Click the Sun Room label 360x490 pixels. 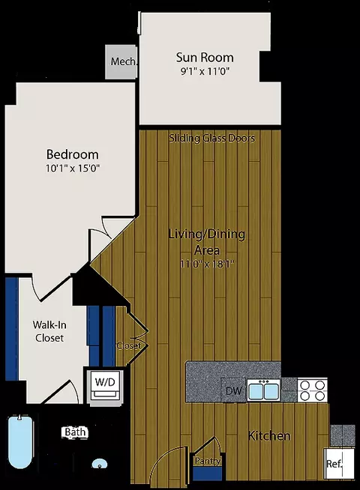point(204,57)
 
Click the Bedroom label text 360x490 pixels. point(70,154)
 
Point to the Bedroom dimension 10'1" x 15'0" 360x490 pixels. point(70,169)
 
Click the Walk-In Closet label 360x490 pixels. point(48,331)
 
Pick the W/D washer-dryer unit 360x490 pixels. point(103,384)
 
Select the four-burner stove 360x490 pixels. point(313,390)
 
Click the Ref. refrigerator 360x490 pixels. point(334,463)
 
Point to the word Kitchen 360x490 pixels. point(269,435)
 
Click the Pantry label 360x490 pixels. point(207,462)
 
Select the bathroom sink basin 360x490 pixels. point(98,465)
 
